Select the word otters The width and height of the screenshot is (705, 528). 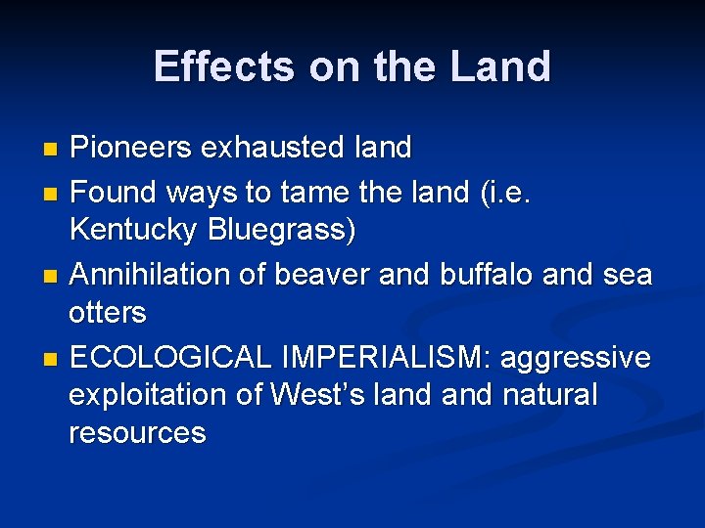pyautogui.click(x=107, y=314)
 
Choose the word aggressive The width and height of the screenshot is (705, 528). pyautogui.click(x=575, y=358)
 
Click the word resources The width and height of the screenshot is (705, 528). pyautogui.click(x=137, y=433)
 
